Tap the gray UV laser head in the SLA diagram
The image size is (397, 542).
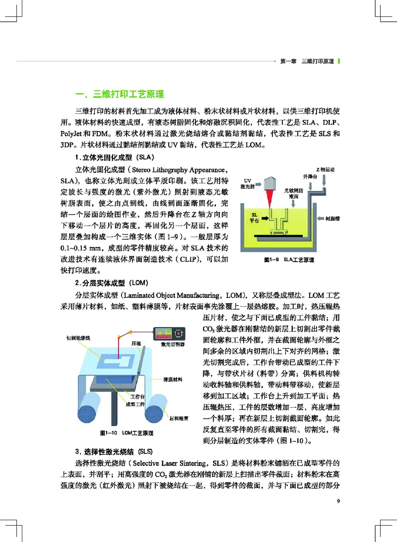[269, 183]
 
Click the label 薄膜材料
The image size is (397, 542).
[173, 379]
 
